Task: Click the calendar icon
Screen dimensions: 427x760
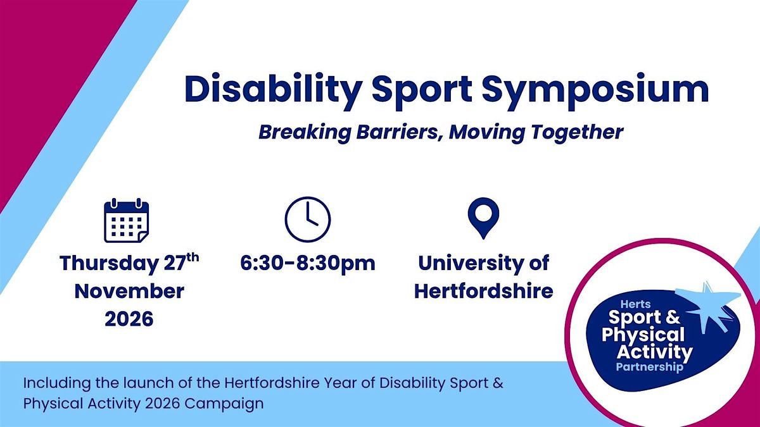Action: pyautogui.click(x=126, y=221)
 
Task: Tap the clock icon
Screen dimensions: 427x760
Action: pyautogui.click(x=308, y=219)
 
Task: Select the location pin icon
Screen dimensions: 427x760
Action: pyautogui.click(x=483, y=217)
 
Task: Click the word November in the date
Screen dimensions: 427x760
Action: pyautogui.click(x=129, y=291)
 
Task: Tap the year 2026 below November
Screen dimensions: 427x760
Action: pyautogui.click(x=129, y=318)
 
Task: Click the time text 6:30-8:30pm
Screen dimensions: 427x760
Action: pyautogui.click(x=308, y=263)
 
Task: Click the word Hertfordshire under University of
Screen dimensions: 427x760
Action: pyautogui.click(x=484, y=291)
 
